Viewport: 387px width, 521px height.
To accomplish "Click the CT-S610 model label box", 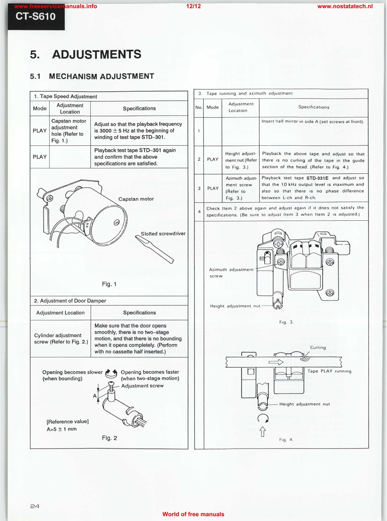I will point(36,17).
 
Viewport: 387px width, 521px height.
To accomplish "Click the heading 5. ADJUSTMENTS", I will point(86,54).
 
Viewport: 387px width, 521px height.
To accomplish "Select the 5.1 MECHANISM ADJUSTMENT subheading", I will point(92,76).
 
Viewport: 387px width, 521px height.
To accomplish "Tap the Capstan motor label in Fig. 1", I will point(136,199).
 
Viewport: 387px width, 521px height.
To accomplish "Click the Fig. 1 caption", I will point(109,284).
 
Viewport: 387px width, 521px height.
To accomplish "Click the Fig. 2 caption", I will point(109,438).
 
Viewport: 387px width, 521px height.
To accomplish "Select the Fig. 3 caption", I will point(286,322).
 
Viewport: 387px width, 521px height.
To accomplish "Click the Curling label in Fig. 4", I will point(318,348).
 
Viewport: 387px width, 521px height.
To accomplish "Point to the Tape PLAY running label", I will point(329,371).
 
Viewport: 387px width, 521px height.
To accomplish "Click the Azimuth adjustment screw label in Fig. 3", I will point(231,273).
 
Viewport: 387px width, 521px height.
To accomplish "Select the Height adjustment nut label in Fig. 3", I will point(235,306).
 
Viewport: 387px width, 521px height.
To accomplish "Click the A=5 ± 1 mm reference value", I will point(62,429).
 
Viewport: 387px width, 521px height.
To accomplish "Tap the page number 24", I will point(35,506).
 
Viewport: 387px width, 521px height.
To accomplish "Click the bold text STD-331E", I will point(317,178).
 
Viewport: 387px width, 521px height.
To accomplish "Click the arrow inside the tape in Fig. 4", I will point(276,362).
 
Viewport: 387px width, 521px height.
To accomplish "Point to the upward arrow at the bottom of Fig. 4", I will point(262,431).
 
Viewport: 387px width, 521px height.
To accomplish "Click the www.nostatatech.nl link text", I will point(345,6).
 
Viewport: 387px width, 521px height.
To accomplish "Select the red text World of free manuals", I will point(193,514).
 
